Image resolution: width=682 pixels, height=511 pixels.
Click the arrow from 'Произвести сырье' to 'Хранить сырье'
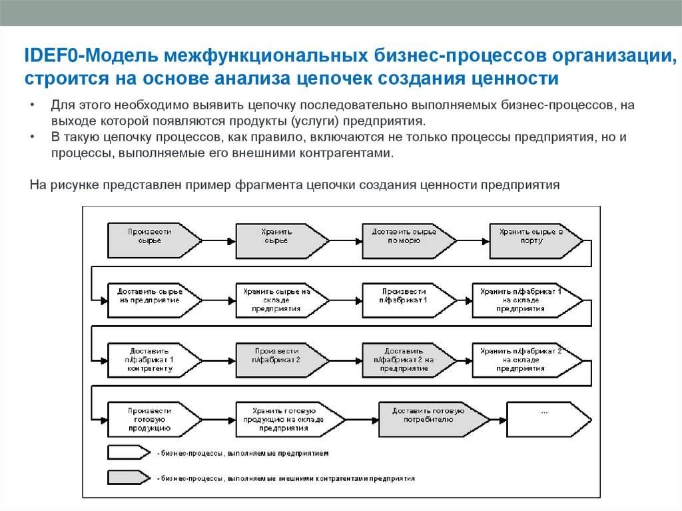[x=218, y=239]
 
